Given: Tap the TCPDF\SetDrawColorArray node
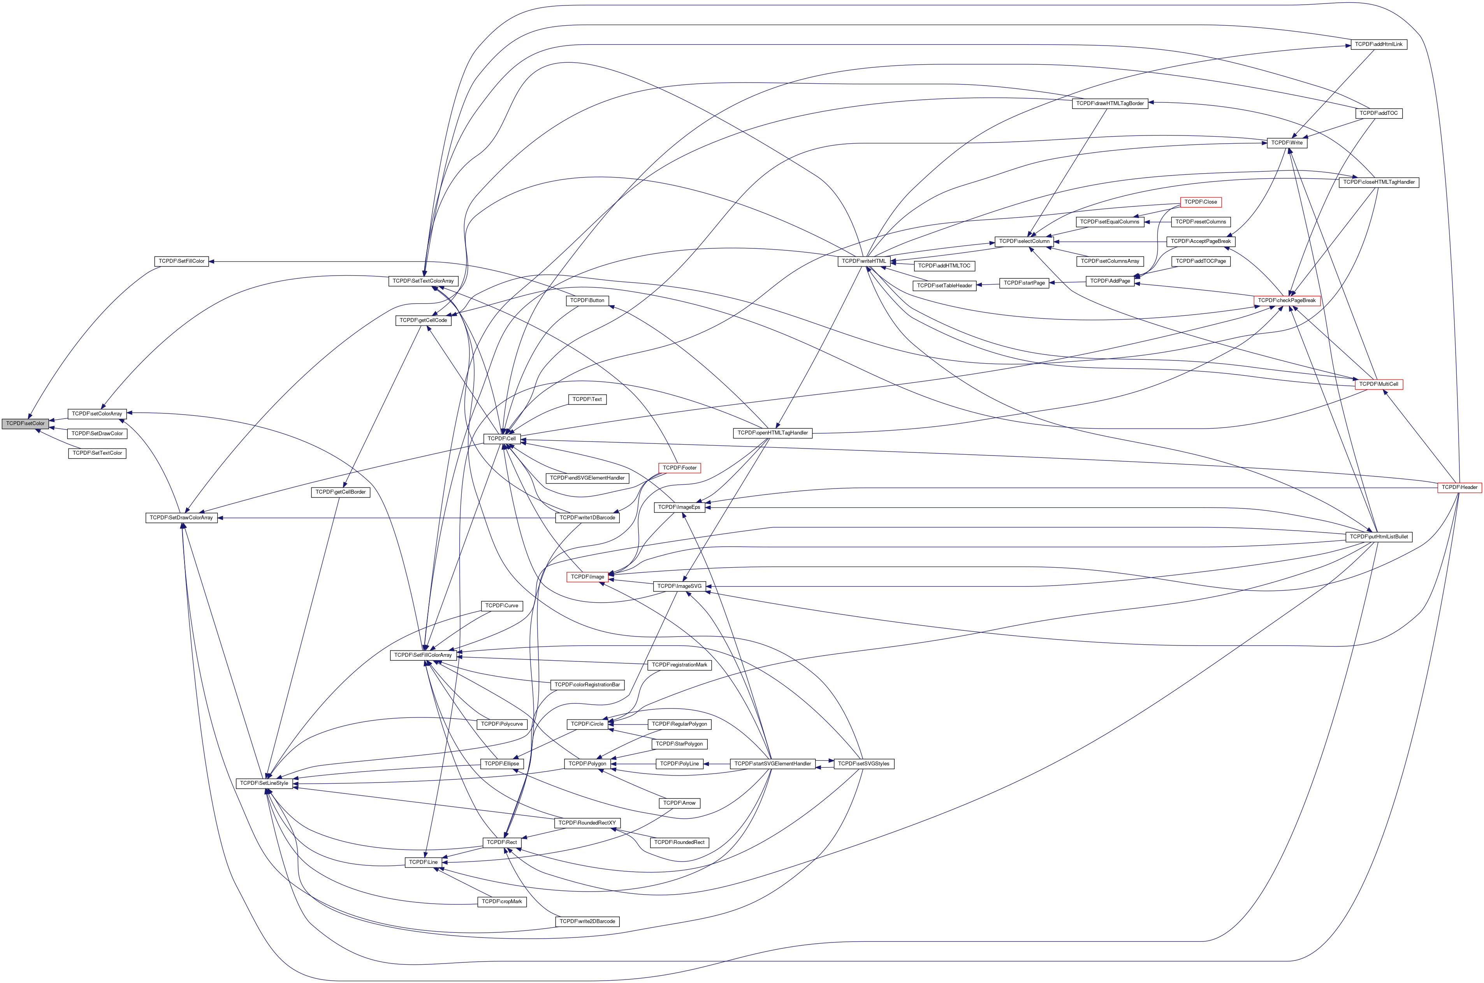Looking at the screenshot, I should pyautogui.click(x=181, y=518).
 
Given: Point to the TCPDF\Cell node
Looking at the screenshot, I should pyautogui.click(x=501, y=439).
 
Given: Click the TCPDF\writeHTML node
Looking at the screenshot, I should pyautogui.click(x=864, y=261).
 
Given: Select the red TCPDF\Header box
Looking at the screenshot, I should pyautogui.click(x=1459, y=487).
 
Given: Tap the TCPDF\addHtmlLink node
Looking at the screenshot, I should pyautogui.click(x=1378, y=44).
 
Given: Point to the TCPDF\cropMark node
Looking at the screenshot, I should pyautogui.click(x=501, y=902).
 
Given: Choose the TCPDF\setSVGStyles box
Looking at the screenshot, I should pyautogui.click(x=863, y=763).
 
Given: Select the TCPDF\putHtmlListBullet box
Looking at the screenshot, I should pyautogui.click(x=1379, y=536).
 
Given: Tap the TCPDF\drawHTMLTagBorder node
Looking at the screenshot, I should pyautogui.click(x=1110, y=104).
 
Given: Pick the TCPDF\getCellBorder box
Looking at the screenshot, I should pyautogui.click(x=340, y=492).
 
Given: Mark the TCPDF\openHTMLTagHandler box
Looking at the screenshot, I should pyautogui.click(x=772, y=433).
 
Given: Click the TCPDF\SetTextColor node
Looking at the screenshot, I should pyautogui.click(x=97, y=453).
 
